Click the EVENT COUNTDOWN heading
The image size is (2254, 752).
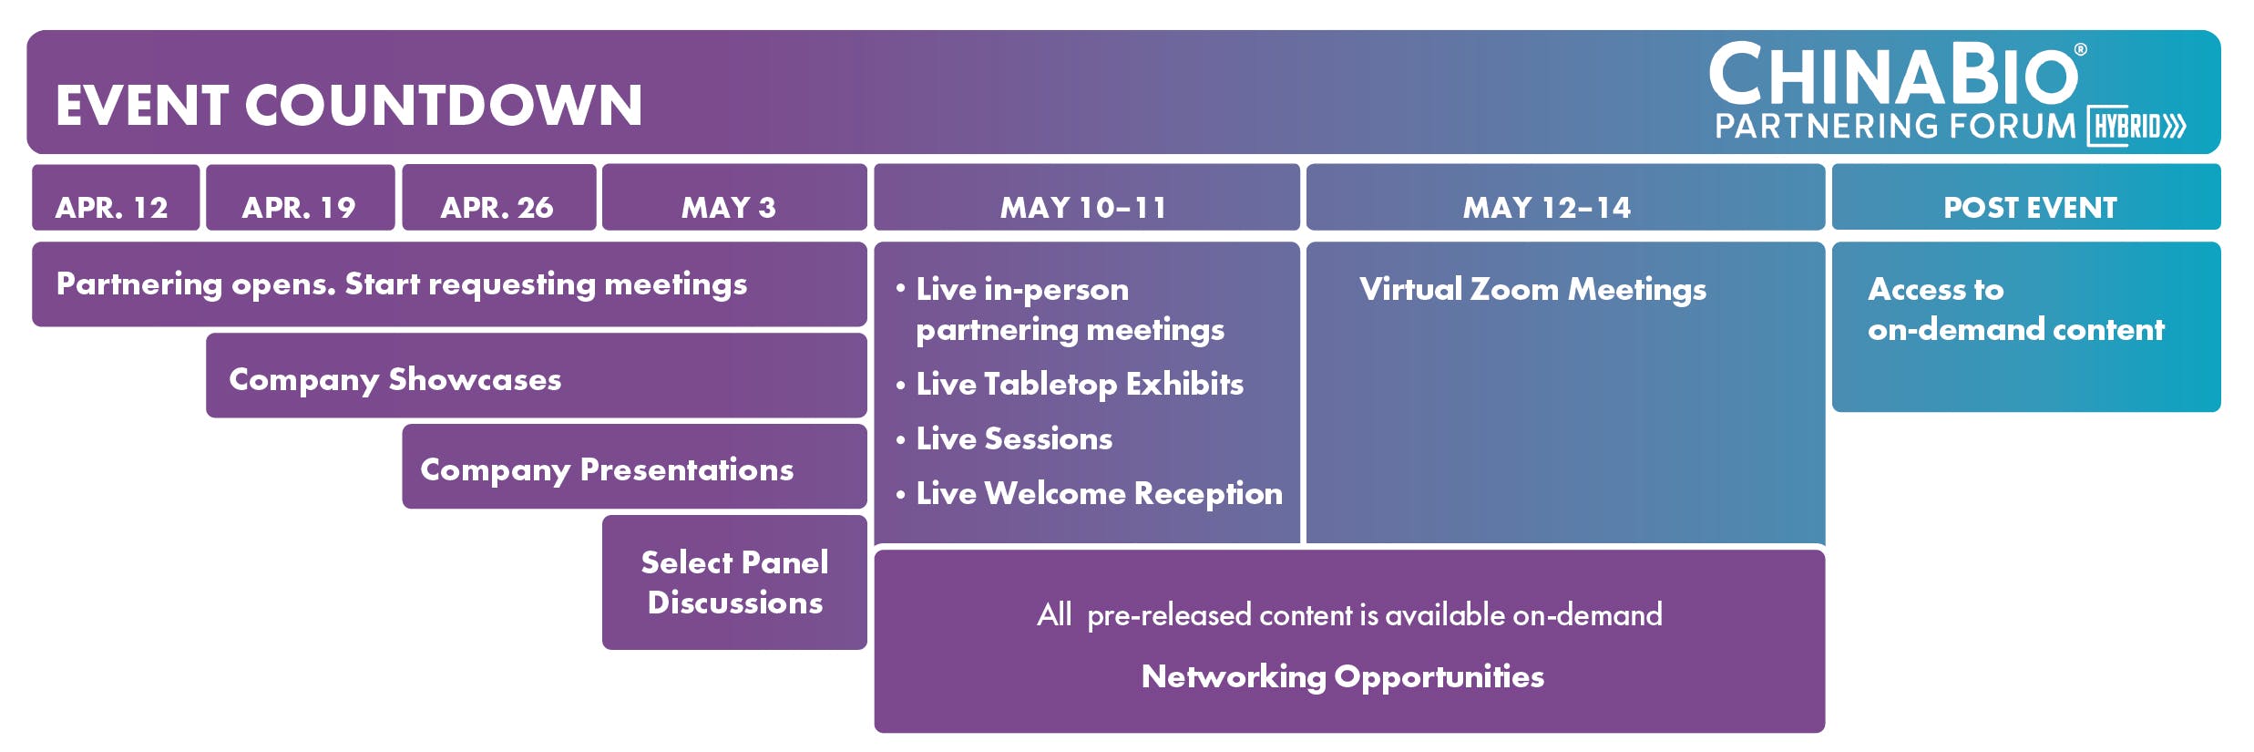coord(349,105)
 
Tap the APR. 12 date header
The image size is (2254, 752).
coord(116,197)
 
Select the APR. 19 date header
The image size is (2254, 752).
coord(301,197)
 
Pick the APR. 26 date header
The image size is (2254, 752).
coord(499,197)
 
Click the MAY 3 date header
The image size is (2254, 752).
coord(734,197)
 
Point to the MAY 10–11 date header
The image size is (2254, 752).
coord(1087,197)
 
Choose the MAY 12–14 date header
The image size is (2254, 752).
coord(1565,197)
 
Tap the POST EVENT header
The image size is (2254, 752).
coord(2026,197)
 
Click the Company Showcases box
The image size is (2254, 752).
coord(537,376)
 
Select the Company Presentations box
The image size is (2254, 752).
coord(634,467)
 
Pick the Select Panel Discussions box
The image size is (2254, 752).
coord(734,582)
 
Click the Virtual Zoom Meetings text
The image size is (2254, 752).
coord(1532,290)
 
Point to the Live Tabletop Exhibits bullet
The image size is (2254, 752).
coord(1070,385)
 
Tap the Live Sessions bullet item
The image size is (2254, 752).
coord(1004,438)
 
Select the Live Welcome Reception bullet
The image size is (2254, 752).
coord(1090,493)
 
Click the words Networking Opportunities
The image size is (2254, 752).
coord(1343,677)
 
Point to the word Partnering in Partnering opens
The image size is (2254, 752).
coord(139,285)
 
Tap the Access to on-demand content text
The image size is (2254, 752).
coord(2015,309)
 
